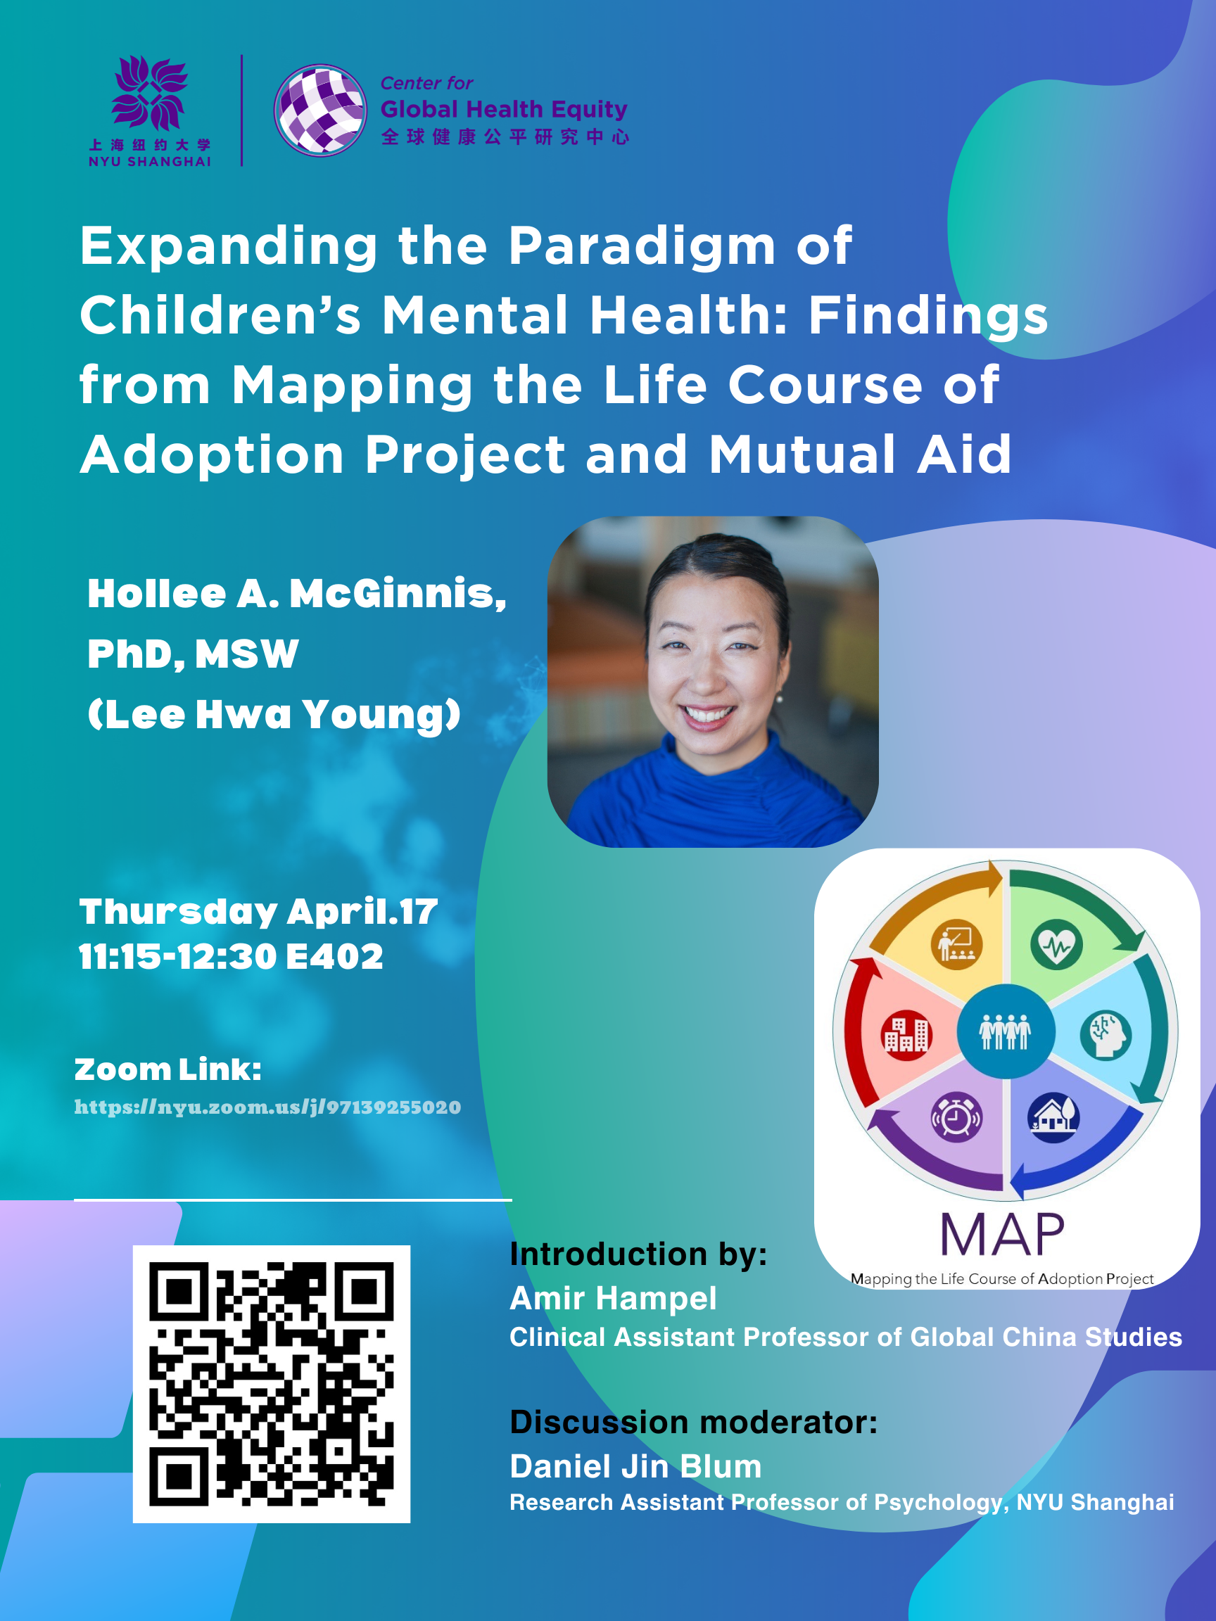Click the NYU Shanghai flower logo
pyautogui.click(x=149, y=93)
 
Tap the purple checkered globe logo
pyautogui.click(x=320, y=110)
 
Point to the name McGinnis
pyautogui.click(x=398, y=593)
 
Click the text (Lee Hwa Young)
pyautogui.click(x=274, y=714)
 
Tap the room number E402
pyautogui.click(x=334, y=956)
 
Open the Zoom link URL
pyautogui.click(x=267, y=1107)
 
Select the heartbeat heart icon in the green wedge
pyautogui.click(x=1056, y=946)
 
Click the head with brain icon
pyautogui.click(x=1106, y=1035)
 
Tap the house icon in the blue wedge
pyautogui.click(x=1054, y=1117)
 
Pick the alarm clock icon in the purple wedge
pyautogui.click(x=956, y=1117)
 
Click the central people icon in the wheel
pyautogui.click(x=1006, y=1032)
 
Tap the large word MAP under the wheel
pyautogui.click(x=1002, y=1235)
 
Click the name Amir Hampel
pyautogui.click(x=613, y=1298)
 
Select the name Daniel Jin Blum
pyautogui.click(x=635, y=1466)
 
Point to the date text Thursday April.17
pyautogui.click(x=258, y=912)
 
